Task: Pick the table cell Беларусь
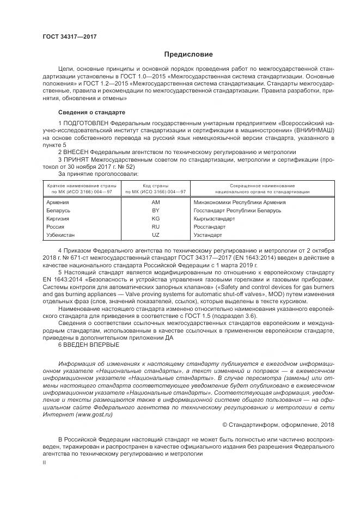(59, 210)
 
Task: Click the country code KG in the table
(155, 218)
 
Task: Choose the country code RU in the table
(155, 227)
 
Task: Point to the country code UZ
(155, 235)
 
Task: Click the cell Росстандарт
(209, 227)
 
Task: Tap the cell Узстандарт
(208, 235)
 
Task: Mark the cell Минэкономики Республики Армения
(239, 202)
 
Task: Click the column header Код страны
(155, 186)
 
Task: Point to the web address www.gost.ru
(94, 414)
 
